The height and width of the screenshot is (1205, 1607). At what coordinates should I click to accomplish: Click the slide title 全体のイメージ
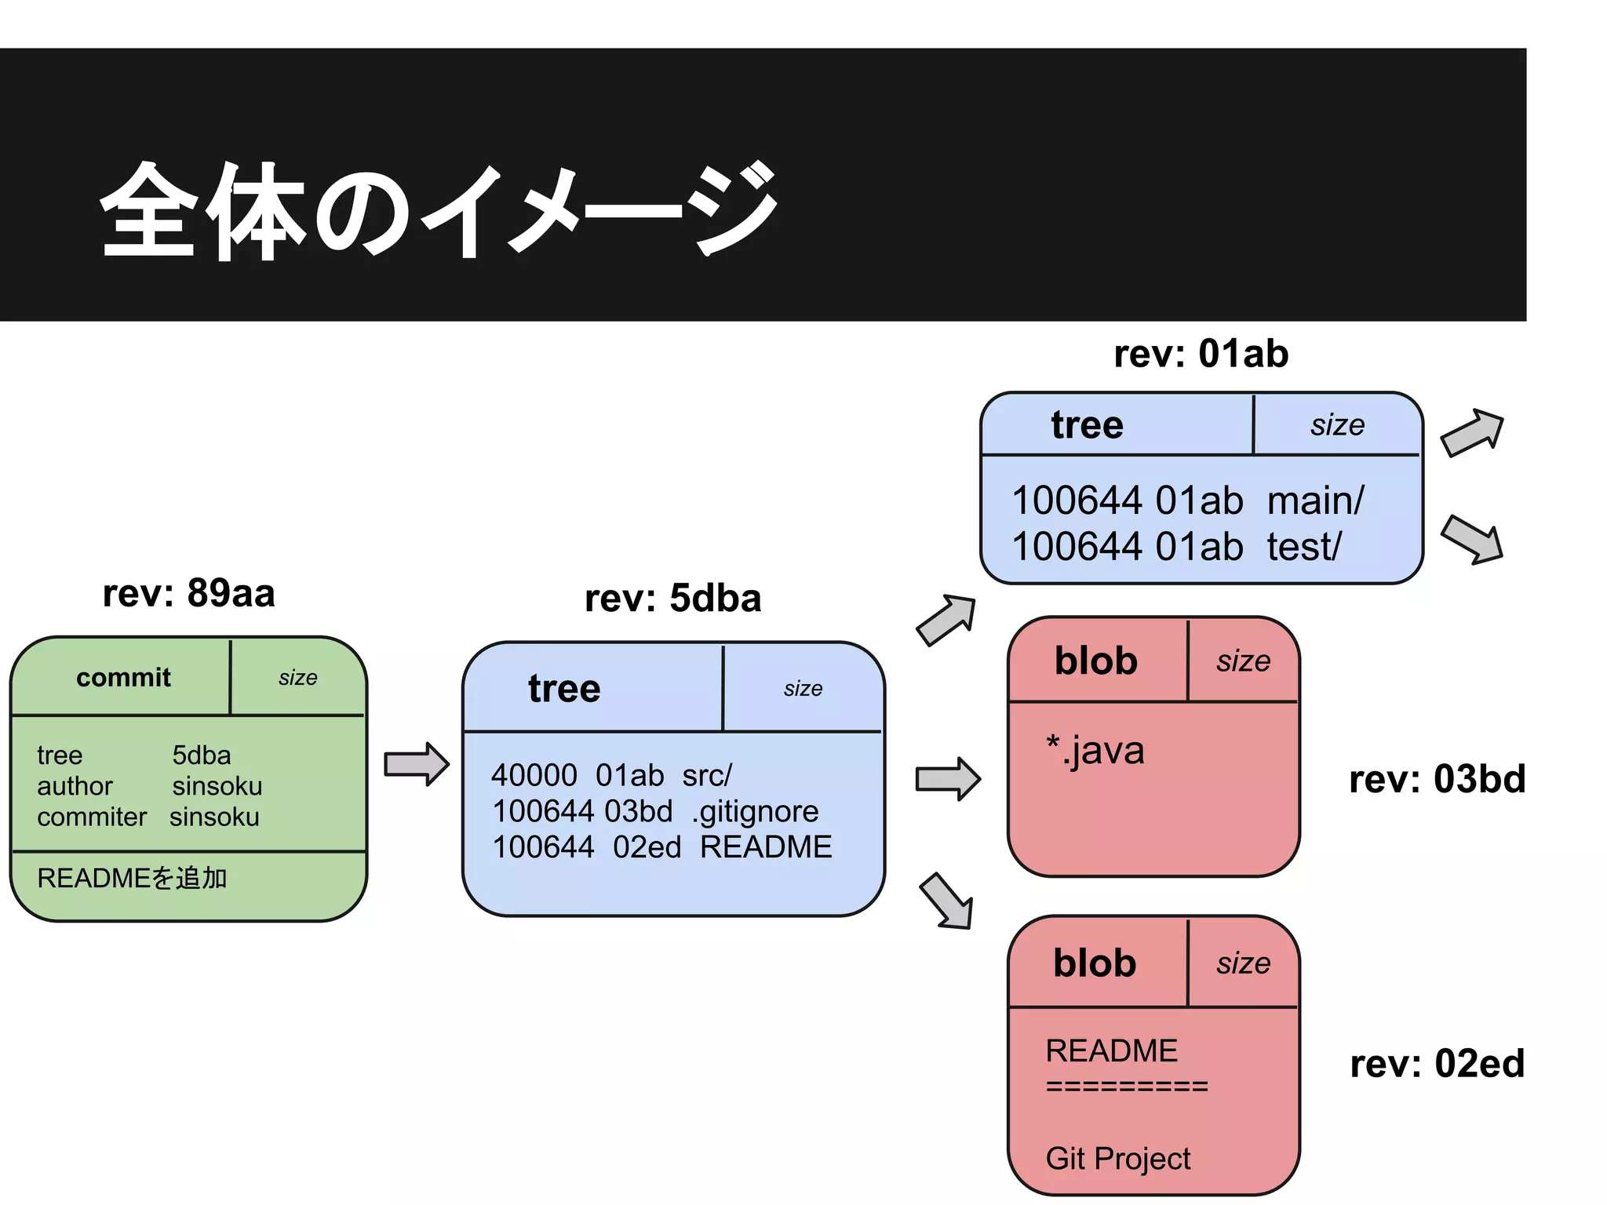tap(439, 210)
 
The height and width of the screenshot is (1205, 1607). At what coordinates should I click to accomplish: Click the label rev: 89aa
tap(188, 593)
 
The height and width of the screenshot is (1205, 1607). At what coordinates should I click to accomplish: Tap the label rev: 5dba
tap(672, 599)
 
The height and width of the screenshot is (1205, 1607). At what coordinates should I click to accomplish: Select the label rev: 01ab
tap(1201, 354)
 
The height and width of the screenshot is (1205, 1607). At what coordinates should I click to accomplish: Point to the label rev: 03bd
tap(1437, 780)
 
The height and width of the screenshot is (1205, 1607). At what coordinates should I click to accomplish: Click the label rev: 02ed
tap(1437, 1065)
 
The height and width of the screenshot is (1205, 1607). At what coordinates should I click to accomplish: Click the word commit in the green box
tap(123, 678)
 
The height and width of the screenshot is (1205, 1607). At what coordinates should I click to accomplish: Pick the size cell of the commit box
tap(298, 678)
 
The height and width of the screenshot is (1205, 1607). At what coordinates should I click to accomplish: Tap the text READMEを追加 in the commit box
tap(132, 878)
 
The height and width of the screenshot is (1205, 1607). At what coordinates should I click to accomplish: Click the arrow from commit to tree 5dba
tap(416, 764)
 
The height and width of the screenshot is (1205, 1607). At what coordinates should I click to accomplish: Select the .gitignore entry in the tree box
tap(755, 811)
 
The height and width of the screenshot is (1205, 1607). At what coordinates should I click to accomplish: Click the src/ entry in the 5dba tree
tap(706, 776)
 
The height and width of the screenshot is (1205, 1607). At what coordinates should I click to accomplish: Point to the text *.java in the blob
tap(1095, 751)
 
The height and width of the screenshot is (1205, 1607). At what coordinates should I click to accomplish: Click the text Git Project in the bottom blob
tap(1117, 1159)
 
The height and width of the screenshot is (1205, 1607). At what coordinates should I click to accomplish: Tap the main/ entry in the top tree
tap(1316, 501)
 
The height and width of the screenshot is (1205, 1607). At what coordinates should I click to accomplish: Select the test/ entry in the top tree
tap(1304, 547)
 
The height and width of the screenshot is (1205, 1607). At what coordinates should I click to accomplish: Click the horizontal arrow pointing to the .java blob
tap(948, 779)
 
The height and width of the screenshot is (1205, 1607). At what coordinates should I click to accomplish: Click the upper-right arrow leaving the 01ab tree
tap(1473, 432)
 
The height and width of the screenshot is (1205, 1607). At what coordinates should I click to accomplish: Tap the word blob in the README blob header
tap(1095, 963)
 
